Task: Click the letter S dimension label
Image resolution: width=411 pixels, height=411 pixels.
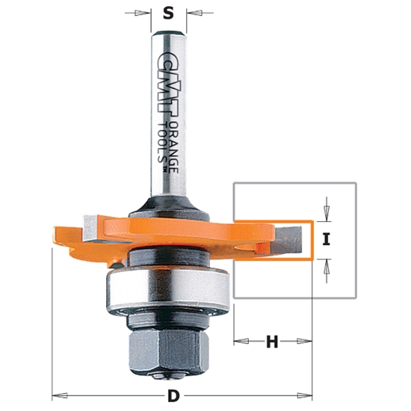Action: point(168,13)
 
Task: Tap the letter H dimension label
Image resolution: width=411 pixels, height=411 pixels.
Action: point(272,342)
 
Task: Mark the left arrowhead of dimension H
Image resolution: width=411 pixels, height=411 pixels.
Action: point(240,342)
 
